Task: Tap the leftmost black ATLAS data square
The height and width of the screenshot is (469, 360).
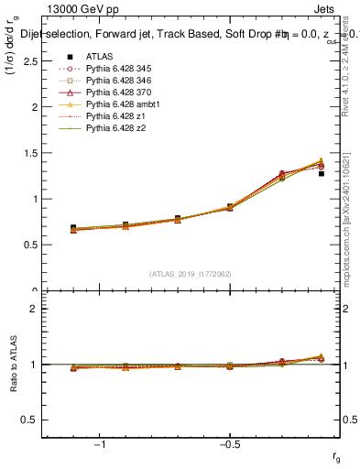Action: (x=73, y=227)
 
